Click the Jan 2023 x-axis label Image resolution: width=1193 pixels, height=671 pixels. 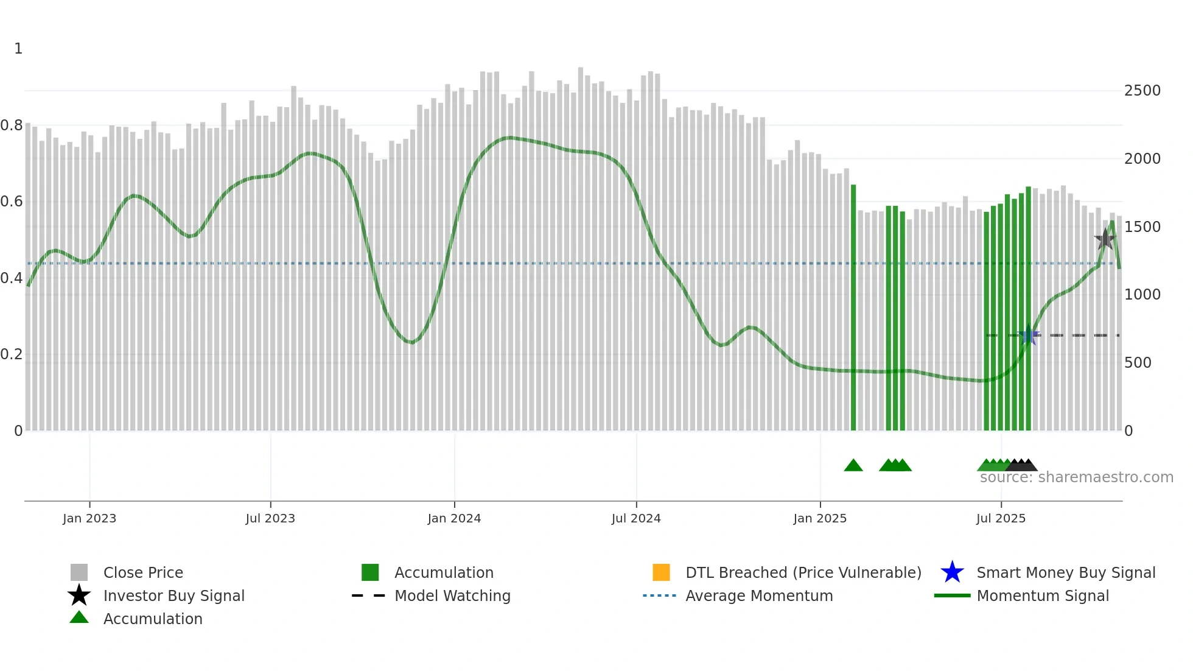pyautogui.click(x=89, y=518)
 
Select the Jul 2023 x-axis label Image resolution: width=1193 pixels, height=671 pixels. pyautogui.click(x=270, y=518)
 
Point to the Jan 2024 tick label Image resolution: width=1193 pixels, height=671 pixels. pyautogui.click(x=454, y=518)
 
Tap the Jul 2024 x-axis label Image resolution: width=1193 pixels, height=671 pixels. pyautogui.click(x=636, y=518)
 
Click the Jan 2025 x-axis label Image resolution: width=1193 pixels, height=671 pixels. pyautogui.click(x=820, y=518)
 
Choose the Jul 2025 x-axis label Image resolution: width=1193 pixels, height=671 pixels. pyautogui.click(x=1001, y=518)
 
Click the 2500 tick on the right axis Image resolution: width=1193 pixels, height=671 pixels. pyautogui.click(x=1142, y=91)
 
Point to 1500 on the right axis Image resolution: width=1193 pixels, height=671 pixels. pyautogui.click(x=1142, y=227)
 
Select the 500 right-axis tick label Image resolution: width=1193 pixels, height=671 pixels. pyautogui.click(x=1138, y=363)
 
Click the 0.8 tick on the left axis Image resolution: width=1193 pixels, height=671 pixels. pyautogui.click(x=12, y=125)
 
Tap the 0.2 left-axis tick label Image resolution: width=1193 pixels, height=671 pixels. pyautogui.click(x=12, y=354)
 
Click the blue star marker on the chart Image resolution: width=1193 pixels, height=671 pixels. pyautogui.click(x=1029, y=335)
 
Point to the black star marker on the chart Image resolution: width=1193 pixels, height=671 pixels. pyautogui.click(x=1105, y=239)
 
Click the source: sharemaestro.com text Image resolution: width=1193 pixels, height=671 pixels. pyautogui.click(x=1076, y=477)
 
